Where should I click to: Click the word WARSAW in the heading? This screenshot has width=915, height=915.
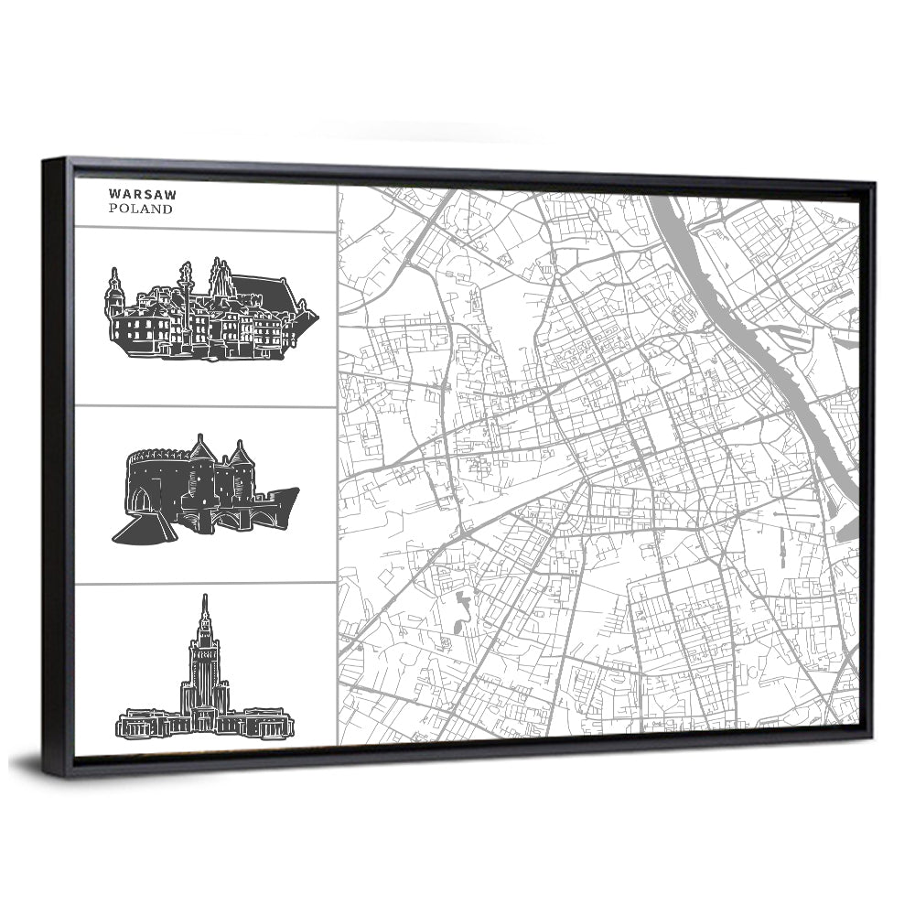(x=142, y=194)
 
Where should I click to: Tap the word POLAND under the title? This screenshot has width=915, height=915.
(x=140, y=209)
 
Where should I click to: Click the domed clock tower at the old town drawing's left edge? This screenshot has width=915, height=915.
(x=114, y=293)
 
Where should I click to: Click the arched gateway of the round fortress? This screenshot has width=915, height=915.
(x=140, y=500)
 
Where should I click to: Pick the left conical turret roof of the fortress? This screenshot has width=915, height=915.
(x=201, y=449)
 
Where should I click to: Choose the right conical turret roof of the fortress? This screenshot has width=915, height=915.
(x=241, y=453)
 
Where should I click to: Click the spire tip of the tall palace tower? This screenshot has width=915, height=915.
(x=204, y=600)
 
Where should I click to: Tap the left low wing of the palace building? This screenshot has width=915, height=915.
(x=147, y=725)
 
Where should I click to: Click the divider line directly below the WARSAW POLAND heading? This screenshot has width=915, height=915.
(x=205, y=231)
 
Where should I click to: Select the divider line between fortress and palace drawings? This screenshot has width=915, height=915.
(x=205, y=583)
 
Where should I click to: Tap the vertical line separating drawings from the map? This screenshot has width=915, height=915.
(x=337, y=457)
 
